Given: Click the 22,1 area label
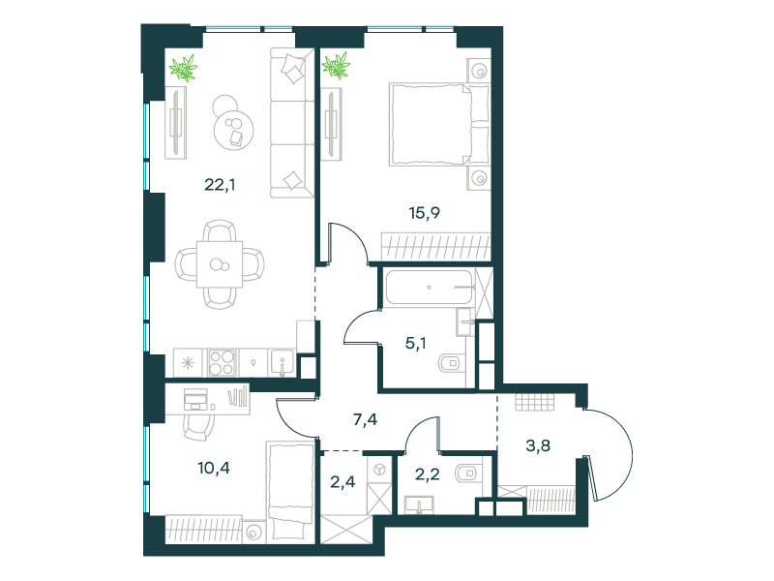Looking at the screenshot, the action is coord(220,185).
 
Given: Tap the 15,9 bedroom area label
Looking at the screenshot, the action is coord(424,213).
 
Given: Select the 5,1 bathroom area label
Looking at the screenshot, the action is coord(416,343).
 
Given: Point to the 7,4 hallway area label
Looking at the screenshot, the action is coord(366,420).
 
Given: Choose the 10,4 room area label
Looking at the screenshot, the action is coord(214,468).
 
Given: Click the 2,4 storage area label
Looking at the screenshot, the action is coord(342,481).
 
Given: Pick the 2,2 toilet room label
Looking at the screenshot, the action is coord(427,474).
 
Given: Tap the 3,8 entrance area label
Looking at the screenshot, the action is coord(538,445).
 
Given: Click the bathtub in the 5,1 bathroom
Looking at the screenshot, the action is coord(430,287).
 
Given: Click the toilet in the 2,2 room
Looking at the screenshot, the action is coord(467,474).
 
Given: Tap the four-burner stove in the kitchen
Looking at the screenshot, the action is coord(223,362).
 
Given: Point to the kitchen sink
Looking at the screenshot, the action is coord(282,362).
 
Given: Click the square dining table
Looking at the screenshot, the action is coord(220,264).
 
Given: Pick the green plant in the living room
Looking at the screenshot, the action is coord(184,68).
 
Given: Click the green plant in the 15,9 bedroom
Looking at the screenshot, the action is coord(336,65).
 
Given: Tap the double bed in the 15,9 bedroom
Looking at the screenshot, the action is coord(439,124).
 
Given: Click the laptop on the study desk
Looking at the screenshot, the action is coord(195,399).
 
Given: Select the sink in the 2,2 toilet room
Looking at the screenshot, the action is coord(419,505).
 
